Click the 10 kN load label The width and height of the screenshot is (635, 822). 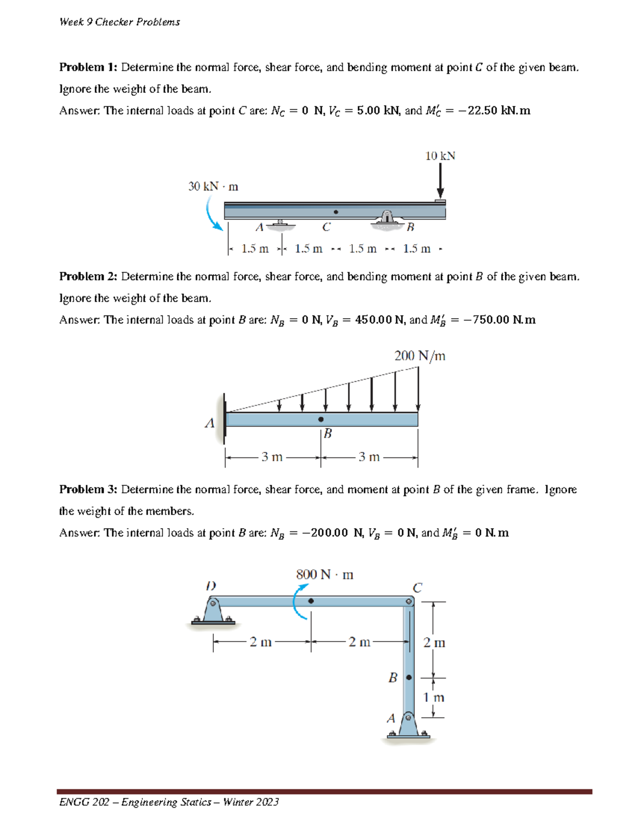coord(440,156)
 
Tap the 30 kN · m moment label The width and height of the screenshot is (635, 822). coord(213,186)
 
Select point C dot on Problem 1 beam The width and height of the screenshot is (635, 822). coord(335,212)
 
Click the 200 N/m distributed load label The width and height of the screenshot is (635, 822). coord(420,356)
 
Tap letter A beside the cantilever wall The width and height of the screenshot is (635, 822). coord(210,423)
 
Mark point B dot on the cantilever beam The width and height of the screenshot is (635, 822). coord(321,419)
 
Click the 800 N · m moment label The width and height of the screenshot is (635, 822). coord(324,574)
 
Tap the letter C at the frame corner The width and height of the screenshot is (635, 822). coord(417,588)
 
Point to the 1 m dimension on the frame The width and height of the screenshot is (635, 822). coord(433,697)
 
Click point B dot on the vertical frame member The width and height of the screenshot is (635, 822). coord(409,678)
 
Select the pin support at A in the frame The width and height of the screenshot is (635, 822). coord(408,725)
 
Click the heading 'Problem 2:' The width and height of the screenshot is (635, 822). coord(88,276)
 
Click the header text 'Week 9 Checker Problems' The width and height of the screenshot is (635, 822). coord(120,22)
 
